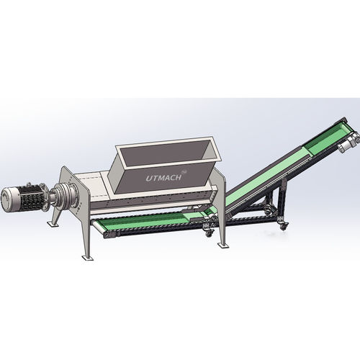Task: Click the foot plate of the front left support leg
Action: (x=87, y=258)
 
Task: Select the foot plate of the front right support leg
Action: (x=223, y=246)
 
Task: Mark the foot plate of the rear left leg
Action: (x=53, y=224)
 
